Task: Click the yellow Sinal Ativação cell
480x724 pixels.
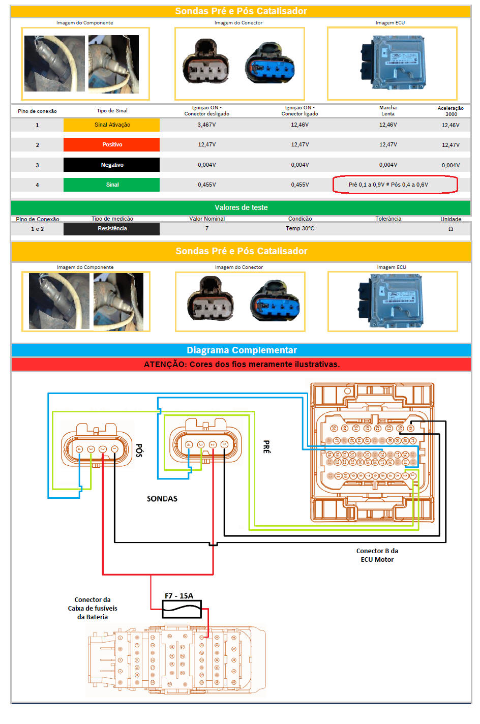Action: (111, 125)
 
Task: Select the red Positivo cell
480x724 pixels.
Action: (111, 144)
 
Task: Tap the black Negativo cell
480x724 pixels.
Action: (111, 165)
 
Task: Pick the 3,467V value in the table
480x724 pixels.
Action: (206, 125)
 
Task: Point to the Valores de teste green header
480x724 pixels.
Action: (241, 207)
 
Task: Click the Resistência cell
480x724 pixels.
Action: (112, 229)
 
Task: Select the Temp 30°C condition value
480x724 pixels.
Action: (300, 229)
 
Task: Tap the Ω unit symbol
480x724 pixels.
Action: (451, 229)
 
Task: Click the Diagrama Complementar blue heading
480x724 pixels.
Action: (242, 350)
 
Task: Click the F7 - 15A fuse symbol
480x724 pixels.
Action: (182, 609)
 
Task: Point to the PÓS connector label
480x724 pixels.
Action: (139, 450)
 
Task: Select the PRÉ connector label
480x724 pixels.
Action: (266, 447)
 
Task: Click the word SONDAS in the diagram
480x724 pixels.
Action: (162, 499)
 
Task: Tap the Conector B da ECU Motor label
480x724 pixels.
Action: (377, 555)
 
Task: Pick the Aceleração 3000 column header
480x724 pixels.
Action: (451, 111)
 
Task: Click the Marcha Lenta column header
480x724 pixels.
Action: (388, 110)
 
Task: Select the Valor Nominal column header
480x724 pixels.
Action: (207, 219)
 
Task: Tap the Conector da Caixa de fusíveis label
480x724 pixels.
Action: (93, 608)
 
